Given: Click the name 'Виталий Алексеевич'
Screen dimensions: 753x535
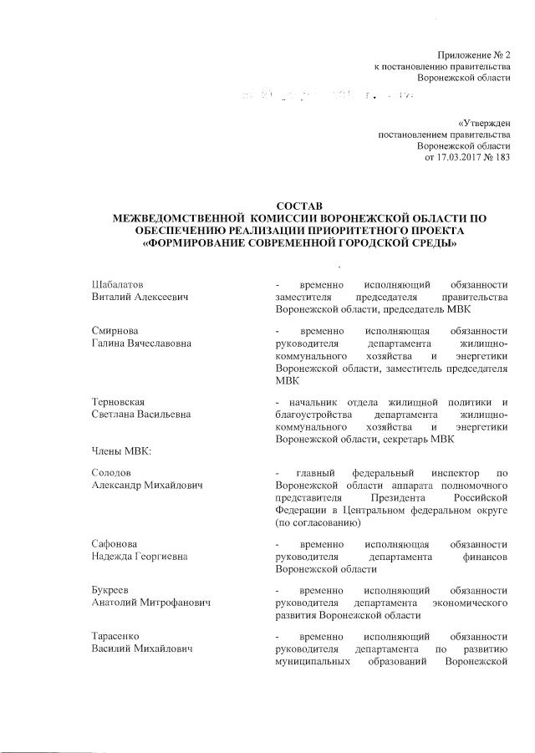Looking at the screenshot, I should (140, 298).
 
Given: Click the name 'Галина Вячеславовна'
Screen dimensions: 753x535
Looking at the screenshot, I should (141, 343).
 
